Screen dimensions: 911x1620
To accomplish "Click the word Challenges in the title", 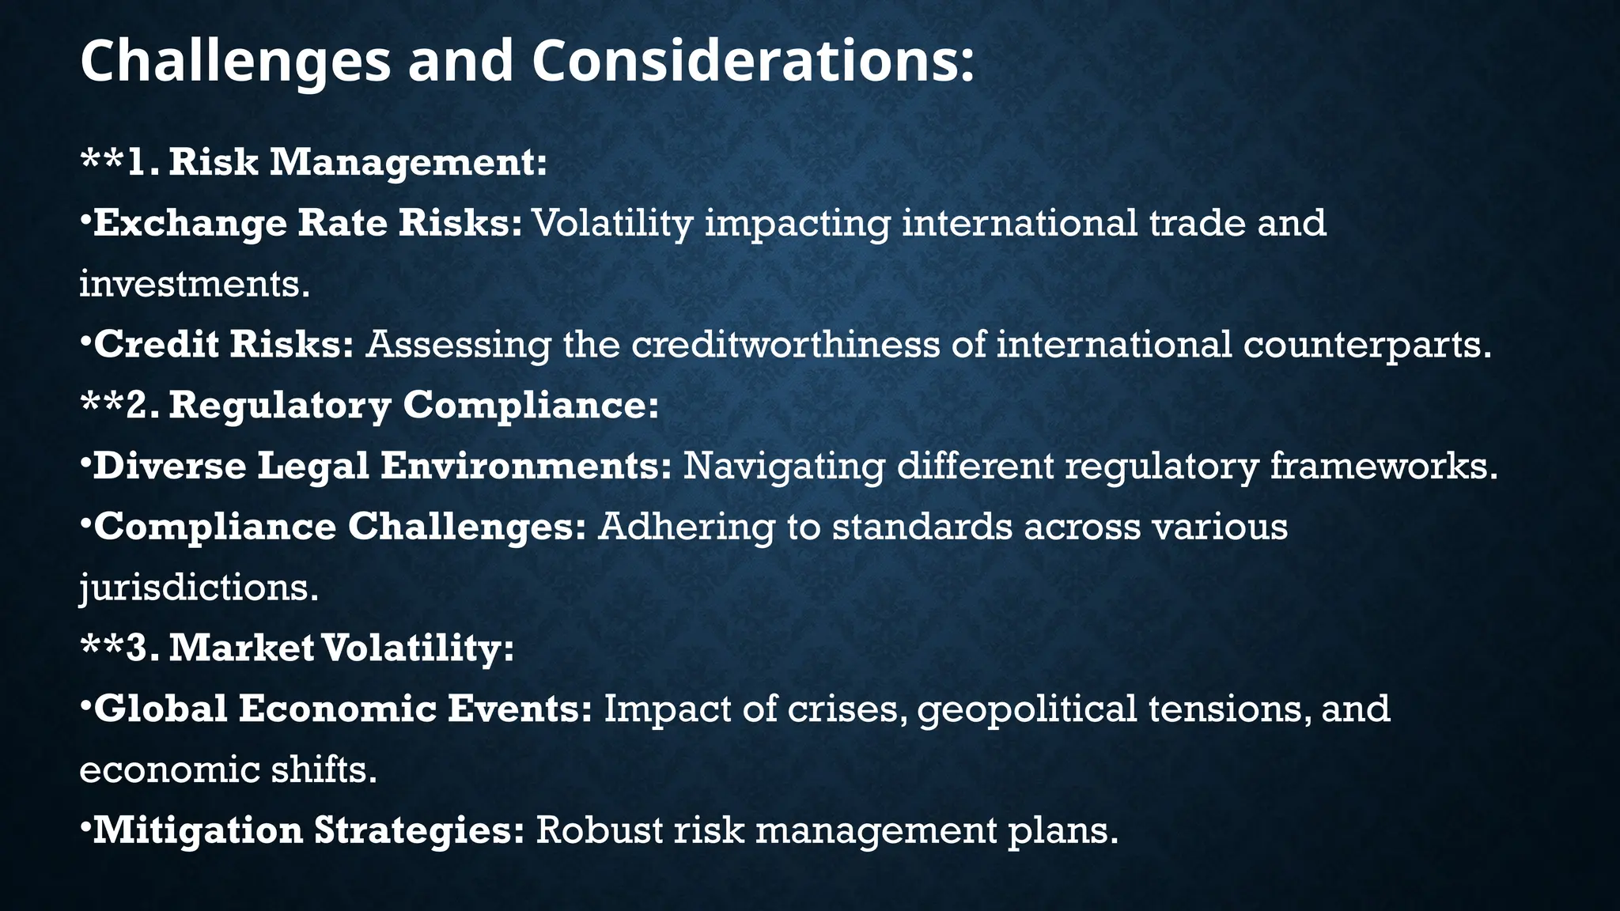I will pos(235,62).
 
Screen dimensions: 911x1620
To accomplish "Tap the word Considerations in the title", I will pos(751,62).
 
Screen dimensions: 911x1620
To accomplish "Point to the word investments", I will pos(194,284).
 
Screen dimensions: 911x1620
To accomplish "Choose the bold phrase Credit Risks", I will pos(224,345).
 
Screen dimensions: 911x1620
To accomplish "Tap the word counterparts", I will pos(1365,345).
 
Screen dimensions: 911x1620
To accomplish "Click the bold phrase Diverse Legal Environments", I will pos(382,466).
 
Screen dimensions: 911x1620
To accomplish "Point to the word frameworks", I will pos(1383,466).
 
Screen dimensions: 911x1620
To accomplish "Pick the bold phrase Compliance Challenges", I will pos(340,527).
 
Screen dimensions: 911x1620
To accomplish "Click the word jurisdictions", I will pos(198,588).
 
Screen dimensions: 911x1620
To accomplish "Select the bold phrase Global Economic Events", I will pos(343,709).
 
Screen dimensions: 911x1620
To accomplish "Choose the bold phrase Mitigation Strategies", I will pos(308,830).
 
